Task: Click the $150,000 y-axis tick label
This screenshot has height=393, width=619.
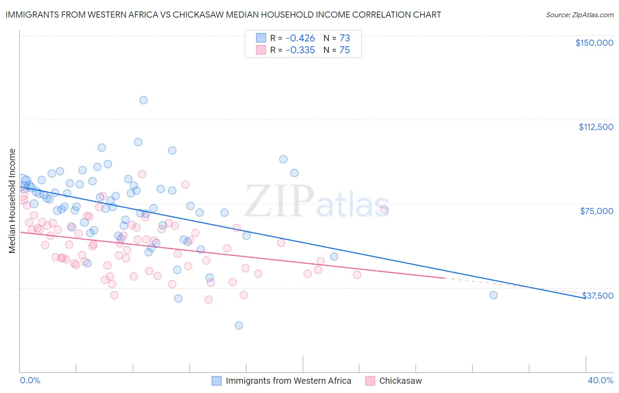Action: click(594, 43)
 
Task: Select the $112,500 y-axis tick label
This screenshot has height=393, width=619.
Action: click(596, 127)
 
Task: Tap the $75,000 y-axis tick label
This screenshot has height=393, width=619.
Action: click(597, 211)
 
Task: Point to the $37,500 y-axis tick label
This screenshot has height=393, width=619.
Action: click(597, 296)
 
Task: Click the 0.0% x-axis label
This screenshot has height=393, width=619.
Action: click(30, 381)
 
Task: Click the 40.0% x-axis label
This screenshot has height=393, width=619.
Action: click(600, 381)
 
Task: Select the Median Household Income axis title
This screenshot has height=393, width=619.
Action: click(12, 201)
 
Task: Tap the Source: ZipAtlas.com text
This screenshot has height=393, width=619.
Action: click(579, 15)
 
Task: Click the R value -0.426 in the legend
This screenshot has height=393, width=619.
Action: click(300, 38)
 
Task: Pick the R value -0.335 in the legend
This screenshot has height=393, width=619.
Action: click(300, 50)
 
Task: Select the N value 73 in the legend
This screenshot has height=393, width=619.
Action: click(344, 38)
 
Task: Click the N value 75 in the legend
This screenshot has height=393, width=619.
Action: click(344, 50)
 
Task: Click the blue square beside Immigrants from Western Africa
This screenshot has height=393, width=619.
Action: click(217, 381)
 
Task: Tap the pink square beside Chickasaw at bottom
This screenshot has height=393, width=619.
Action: click(370, 381)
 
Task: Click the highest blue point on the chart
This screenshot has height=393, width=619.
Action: click(144, 100)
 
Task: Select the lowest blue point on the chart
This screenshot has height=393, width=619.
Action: click(239, 326)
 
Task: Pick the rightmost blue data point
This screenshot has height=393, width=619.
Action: click(494, 295)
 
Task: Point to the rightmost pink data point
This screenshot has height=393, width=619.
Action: click(384, 210)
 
